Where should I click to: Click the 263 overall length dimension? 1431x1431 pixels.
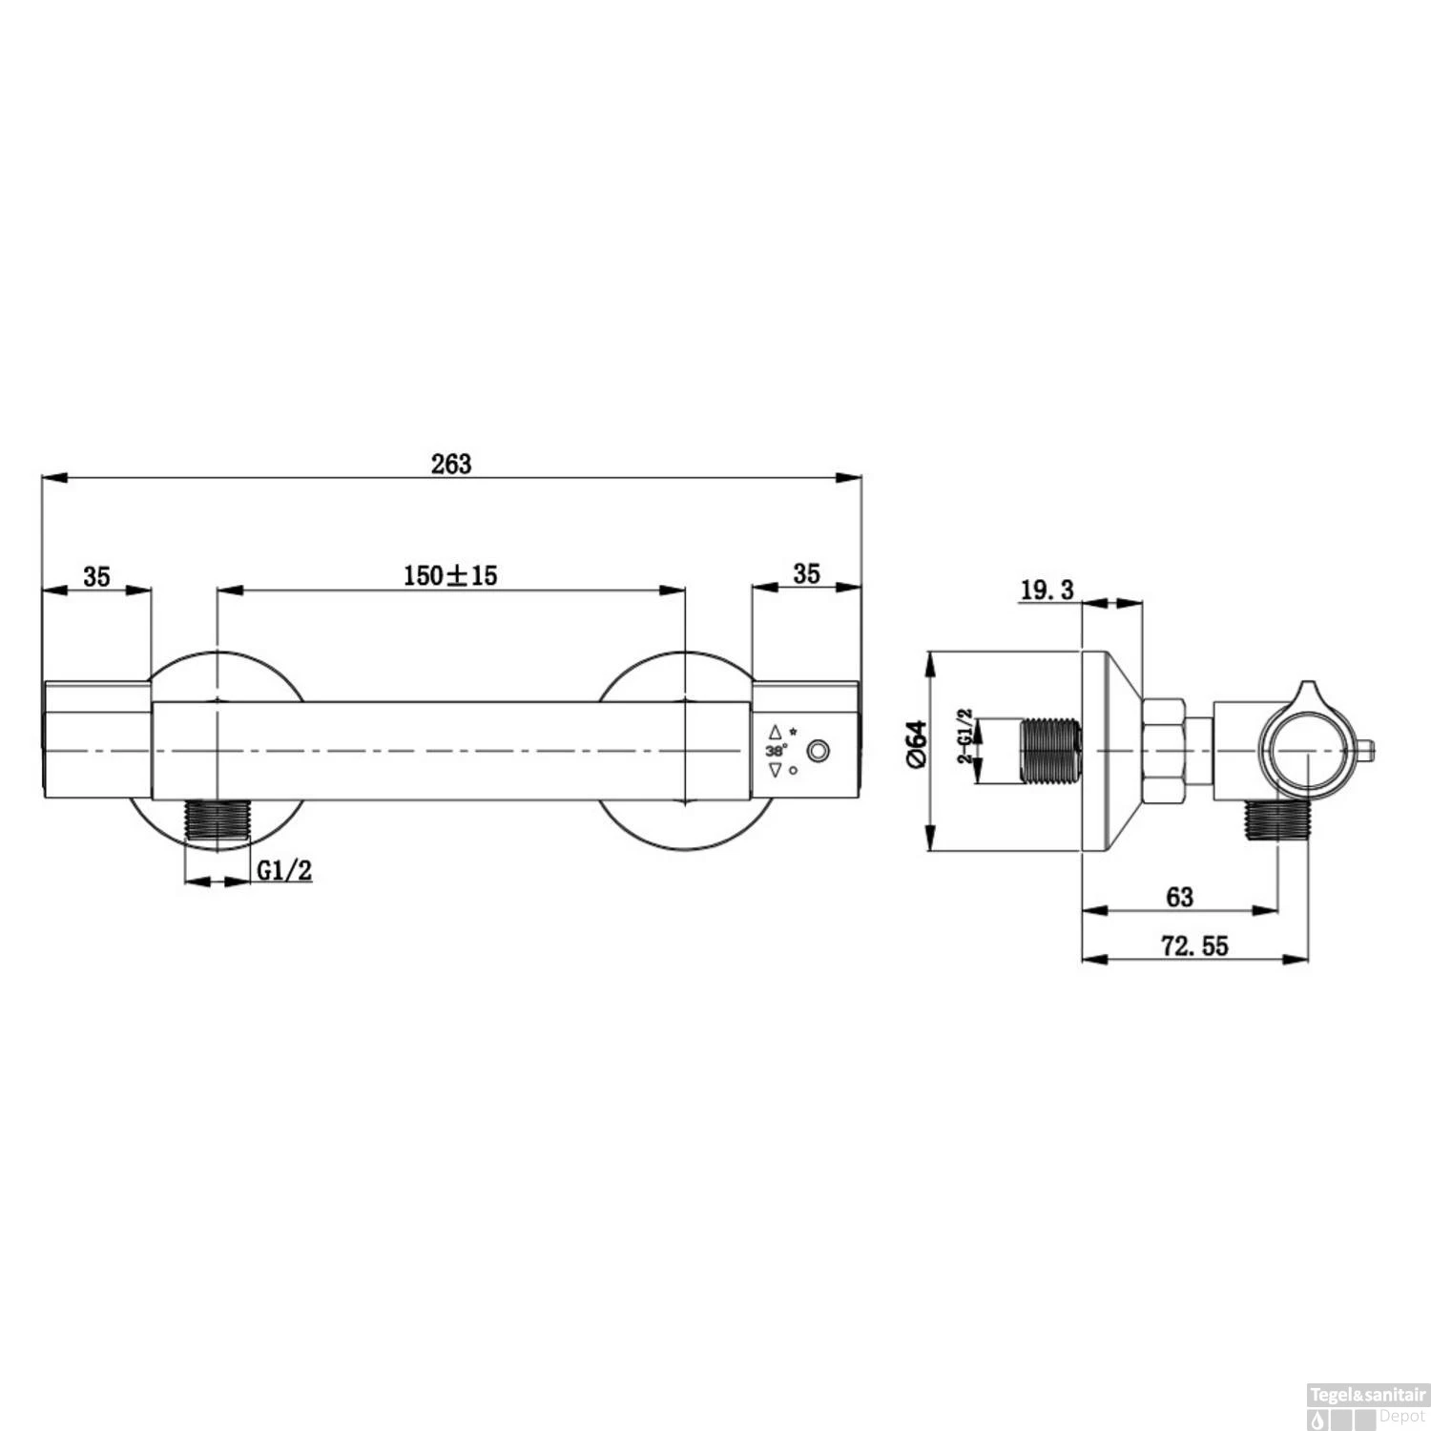(x=451, y=464)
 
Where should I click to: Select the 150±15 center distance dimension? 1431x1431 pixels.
(x=450, y=575)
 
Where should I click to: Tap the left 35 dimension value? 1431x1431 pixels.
(x=96, y=576)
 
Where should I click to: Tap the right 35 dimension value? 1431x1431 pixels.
(x=806, y=573)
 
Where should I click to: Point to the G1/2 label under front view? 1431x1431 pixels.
(x=284, y=870)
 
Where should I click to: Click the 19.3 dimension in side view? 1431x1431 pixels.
(x=1047, y=591)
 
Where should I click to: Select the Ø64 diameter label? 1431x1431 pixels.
(x=916, y=744)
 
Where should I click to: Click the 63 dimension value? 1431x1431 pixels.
(x=1179, y=897)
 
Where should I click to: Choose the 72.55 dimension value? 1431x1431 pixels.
(x=1194, y=946)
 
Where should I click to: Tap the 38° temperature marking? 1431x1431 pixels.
(x=776, y=751)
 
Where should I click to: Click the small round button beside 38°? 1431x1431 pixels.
(x=818, y=752)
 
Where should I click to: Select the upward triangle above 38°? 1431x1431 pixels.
(x=775, y=733)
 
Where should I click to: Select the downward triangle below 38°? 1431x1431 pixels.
(x=775, y=770)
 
